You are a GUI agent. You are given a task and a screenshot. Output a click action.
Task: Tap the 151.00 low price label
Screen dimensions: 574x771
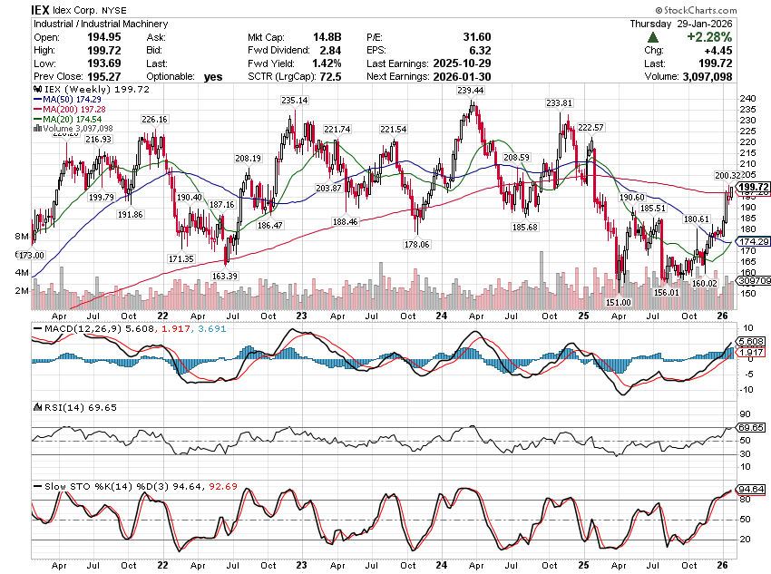pyautogui.click(x=619, y=302)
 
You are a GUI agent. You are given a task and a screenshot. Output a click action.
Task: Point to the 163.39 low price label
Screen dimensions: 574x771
pyautogui.click(x=225, y=276)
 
